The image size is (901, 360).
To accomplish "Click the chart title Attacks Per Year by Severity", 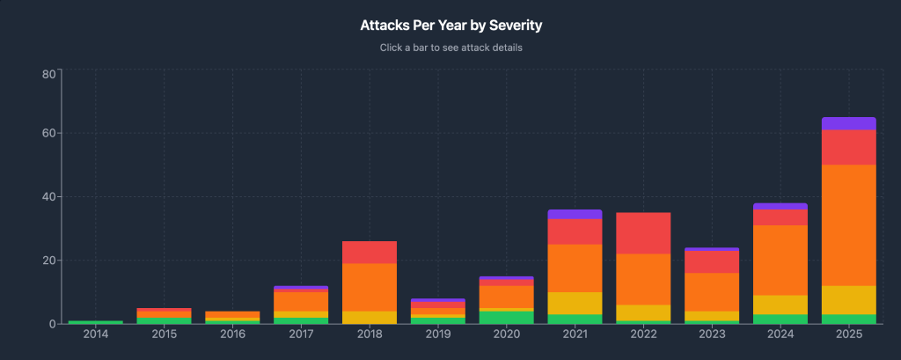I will (450, 26).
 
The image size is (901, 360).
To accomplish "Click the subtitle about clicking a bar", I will (450, 48).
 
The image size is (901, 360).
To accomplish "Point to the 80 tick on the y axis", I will (49, 73).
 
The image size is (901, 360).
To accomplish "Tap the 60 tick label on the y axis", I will (49, 134).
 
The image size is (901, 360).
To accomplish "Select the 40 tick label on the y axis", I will (49, 197).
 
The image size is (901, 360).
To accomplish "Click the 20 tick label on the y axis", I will (49, 261).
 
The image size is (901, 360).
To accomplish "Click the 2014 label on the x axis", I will (95, 335).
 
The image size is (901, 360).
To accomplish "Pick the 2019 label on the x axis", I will (437, 335).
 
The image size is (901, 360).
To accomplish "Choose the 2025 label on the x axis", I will (848, 335).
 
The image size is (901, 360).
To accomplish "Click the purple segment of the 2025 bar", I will (848, 123).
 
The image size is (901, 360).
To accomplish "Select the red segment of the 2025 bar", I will (848, 147).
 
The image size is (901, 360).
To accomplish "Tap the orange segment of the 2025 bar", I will (848, 224).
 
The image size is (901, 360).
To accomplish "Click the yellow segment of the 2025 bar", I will (848, 299).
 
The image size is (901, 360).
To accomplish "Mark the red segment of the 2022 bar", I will (643, 233).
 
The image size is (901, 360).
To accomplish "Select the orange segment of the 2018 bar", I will (369, 287).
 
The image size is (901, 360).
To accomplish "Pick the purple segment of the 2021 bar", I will (575, 214).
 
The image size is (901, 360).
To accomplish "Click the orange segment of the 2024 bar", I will (780, 260).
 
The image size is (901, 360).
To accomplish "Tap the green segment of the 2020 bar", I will (506, 317).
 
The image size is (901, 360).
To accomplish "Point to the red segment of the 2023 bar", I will (711, 262).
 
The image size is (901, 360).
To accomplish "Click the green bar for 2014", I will (95, 322).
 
